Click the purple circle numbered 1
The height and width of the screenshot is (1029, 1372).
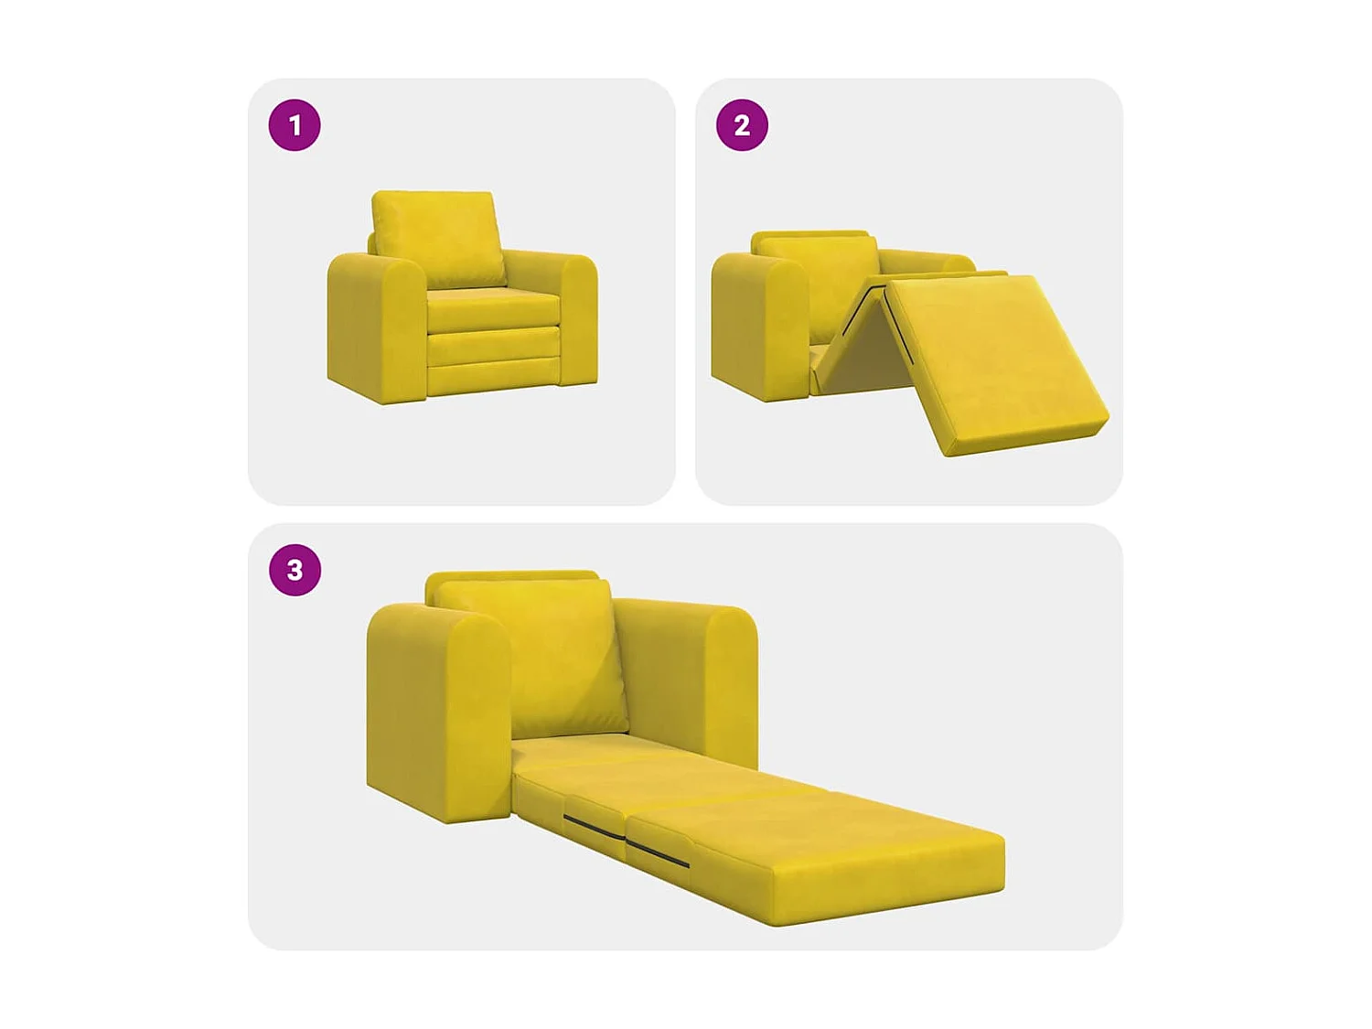(295, 125)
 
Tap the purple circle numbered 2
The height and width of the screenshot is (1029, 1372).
(742, 125)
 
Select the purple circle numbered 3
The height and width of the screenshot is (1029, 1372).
(295, 570)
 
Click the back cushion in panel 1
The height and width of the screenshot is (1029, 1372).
(437, 236)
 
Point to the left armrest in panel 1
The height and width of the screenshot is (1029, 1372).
(375, 329)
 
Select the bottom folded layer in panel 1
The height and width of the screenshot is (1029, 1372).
(494, 377)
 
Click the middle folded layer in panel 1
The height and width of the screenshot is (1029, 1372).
(494, 345)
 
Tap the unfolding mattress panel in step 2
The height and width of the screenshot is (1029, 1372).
(992, 361)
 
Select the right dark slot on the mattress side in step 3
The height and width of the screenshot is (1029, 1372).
(659, 854)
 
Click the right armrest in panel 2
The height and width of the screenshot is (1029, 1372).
(924, 261)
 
